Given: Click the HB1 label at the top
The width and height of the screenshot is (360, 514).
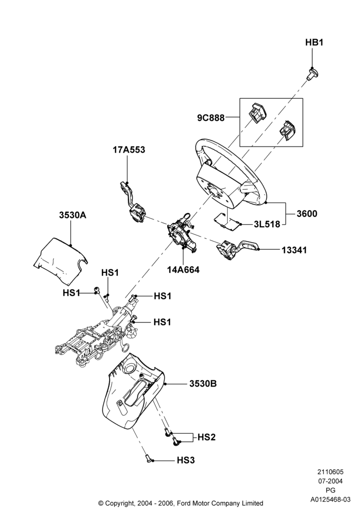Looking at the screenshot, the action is click(314, 42).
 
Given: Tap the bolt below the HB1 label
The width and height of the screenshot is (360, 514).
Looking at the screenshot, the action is click(313, 74).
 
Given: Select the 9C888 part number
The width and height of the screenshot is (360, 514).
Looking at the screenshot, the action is click(211, 118).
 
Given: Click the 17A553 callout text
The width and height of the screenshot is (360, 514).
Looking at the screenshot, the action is click(129, 150).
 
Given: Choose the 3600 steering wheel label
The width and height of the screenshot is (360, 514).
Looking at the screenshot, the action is click(307, 214).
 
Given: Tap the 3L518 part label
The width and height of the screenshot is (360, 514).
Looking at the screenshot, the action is click(267, 224).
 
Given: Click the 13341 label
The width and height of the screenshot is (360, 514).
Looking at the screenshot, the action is click(294, 250).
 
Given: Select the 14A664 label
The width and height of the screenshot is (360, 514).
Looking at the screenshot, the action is click(183, 270).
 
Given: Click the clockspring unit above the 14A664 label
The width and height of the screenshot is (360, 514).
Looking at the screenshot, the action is click(182, 233).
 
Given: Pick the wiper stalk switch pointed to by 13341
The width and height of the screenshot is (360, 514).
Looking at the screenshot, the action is click(237, 248).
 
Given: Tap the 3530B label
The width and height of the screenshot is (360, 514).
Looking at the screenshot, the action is click(203, 383).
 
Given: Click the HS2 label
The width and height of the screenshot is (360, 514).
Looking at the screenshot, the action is click(207, 437).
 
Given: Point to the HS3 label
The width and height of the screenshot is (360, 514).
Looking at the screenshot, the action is click(186, 461).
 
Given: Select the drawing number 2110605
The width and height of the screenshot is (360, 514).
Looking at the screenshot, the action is click(330, 472).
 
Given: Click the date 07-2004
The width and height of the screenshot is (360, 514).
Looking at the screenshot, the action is click(330, 481).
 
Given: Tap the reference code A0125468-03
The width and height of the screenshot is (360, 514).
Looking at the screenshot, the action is click(331, 500).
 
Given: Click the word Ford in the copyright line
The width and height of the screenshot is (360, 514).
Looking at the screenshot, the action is click(185, 503).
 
